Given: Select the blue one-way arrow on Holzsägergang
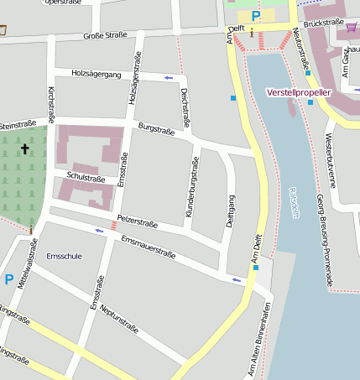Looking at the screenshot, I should [169, 78].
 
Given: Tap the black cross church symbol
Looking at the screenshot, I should [24, 149].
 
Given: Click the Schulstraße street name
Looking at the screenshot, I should [86, 179].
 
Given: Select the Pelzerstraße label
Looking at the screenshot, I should [138, 220].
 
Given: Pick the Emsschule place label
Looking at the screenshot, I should [65, 256].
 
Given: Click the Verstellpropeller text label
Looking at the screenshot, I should [299, 91].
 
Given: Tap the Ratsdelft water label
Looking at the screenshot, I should [294, 202].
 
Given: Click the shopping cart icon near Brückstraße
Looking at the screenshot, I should [351, 28].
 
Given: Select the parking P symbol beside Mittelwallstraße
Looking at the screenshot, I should [8, 279].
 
